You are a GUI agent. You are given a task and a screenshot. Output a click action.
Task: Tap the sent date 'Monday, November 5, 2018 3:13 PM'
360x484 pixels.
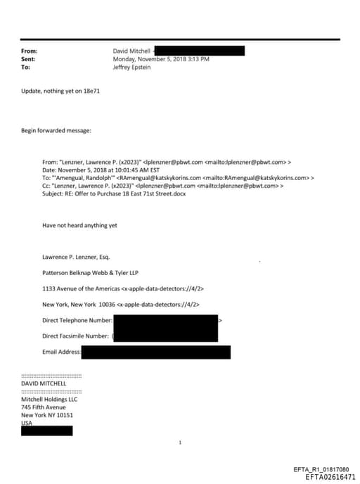click(161, 59)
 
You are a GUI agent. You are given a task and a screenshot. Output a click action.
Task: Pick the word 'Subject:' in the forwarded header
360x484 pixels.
click(55, 193)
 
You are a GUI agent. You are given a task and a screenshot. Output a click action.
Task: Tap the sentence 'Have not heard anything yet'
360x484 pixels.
click(79, 225)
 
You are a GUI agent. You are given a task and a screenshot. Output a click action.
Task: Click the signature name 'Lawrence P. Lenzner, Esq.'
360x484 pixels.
click(76, 257)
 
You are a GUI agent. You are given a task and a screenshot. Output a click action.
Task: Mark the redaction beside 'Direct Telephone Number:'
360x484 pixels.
click(166, 321)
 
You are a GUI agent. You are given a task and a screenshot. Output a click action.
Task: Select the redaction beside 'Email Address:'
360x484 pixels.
click(155, 352)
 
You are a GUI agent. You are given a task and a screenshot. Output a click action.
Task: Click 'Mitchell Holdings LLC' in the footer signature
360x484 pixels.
click(49, 400)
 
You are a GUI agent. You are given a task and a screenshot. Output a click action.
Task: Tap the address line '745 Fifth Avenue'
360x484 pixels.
click(44, 407)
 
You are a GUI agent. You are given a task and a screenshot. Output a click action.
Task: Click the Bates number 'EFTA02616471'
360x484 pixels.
click(330, 477)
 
